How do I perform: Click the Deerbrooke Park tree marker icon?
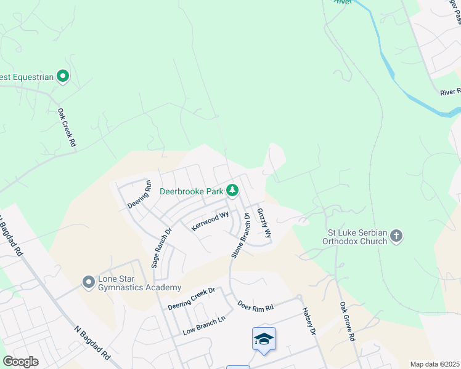232,191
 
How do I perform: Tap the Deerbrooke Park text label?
191,191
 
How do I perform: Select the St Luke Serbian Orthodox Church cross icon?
396,236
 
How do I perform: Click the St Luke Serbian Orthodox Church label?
356,237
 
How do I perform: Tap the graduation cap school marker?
264,339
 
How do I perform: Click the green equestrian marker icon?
62,76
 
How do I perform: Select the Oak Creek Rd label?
66,127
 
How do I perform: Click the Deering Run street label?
139,194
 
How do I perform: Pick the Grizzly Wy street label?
264,223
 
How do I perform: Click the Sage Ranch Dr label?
158,246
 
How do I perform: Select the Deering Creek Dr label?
194,298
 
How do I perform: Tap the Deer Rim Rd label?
255,306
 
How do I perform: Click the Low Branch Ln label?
205,327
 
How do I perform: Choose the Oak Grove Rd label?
347,322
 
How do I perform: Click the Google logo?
20,362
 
